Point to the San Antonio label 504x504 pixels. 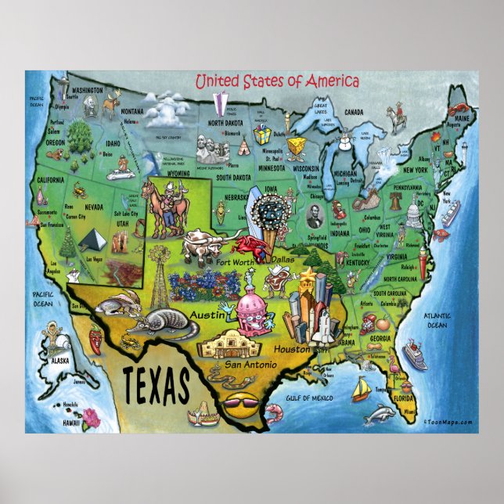click(x=250, y=365)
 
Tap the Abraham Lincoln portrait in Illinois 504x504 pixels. click(x=315, y=217)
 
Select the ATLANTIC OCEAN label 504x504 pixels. click(x=435, y=321)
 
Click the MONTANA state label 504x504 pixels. click(x=132, y=110)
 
